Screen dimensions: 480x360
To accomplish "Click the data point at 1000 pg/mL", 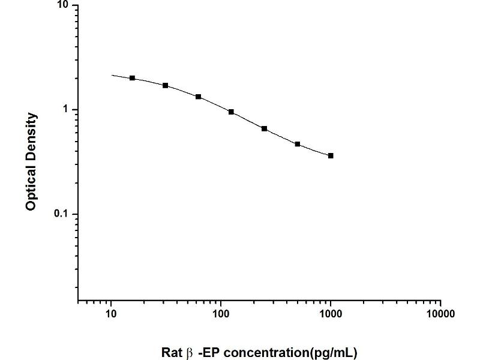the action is tap(331, 156).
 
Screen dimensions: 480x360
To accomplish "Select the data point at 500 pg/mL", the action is tap(298, 144).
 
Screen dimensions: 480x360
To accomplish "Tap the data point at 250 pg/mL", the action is tap(264, 128).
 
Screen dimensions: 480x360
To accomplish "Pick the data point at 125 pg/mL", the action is tap(231, 112).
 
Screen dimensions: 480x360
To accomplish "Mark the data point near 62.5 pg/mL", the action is tap(199, 97).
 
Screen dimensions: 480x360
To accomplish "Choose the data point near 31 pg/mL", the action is tap(166, 85).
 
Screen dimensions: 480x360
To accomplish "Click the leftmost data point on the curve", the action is tap(132, 78).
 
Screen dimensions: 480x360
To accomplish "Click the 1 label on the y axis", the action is tap(65, 109).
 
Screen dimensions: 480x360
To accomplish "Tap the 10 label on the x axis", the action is tap(111, 314).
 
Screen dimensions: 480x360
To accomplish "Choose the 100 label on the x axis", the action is tap(221, 314).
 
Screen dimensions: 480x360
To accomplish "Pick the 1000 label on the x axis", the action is tap(331, 314).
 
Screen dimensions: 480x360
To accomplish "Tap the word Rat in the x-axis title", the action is tap(172, 352).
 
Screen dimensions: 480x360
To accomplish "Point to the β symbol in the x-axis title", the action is tap(190, 353).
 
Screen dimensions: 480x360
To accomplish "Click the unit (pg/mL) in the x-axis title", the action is tap(333, 353).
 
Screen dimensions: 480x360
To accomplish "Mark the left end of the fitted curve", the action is tap(112, 75).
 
